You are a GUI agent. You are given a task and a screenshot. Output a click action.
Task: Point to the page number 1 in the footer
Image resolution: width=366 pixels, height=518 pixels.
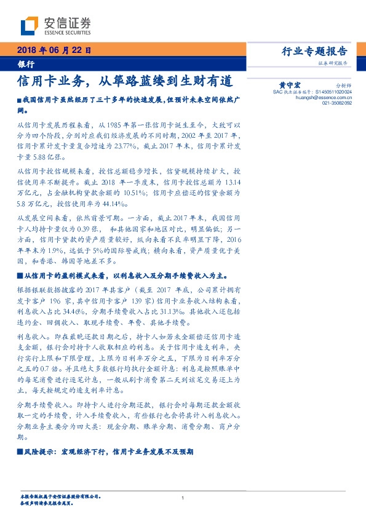coord(183,497)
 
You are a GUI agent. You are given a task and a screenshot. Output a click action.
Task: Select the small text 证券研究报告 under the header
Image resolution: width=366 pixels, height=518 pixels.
coord(333,63)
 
